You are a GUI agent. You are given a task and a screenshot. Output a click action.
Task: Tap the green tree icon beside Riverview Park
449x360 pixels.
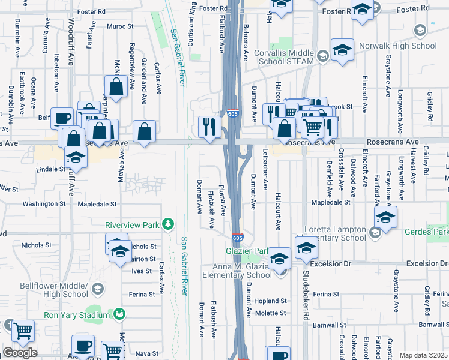170,224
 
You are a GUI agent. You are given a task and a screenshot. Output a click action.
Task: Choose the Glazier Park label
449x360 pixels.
246,251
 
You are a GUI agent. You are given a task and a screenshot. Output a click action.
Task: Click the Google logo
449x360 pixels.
20,352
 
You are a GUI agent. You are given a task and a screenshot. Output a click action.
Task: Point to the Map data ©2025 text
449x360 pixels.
423,355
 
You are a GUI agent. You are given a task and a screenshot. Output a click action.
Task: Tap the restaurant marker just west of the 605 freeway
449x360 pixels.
209,127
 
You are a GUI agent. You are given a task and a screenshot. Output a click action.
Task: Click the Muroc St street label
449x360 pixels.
119,26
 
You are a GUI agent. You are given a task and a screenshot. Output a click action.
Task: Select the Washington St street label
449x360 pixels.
43,204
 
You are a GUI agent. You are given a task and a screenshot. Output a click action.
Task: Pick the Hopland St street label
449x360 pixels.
270,301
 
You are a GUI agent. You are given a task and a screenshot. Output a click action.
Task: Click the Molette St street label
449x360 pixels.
271,313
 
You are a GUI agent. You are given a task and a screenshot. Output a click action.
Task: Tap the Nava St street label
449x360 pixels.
146,353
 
